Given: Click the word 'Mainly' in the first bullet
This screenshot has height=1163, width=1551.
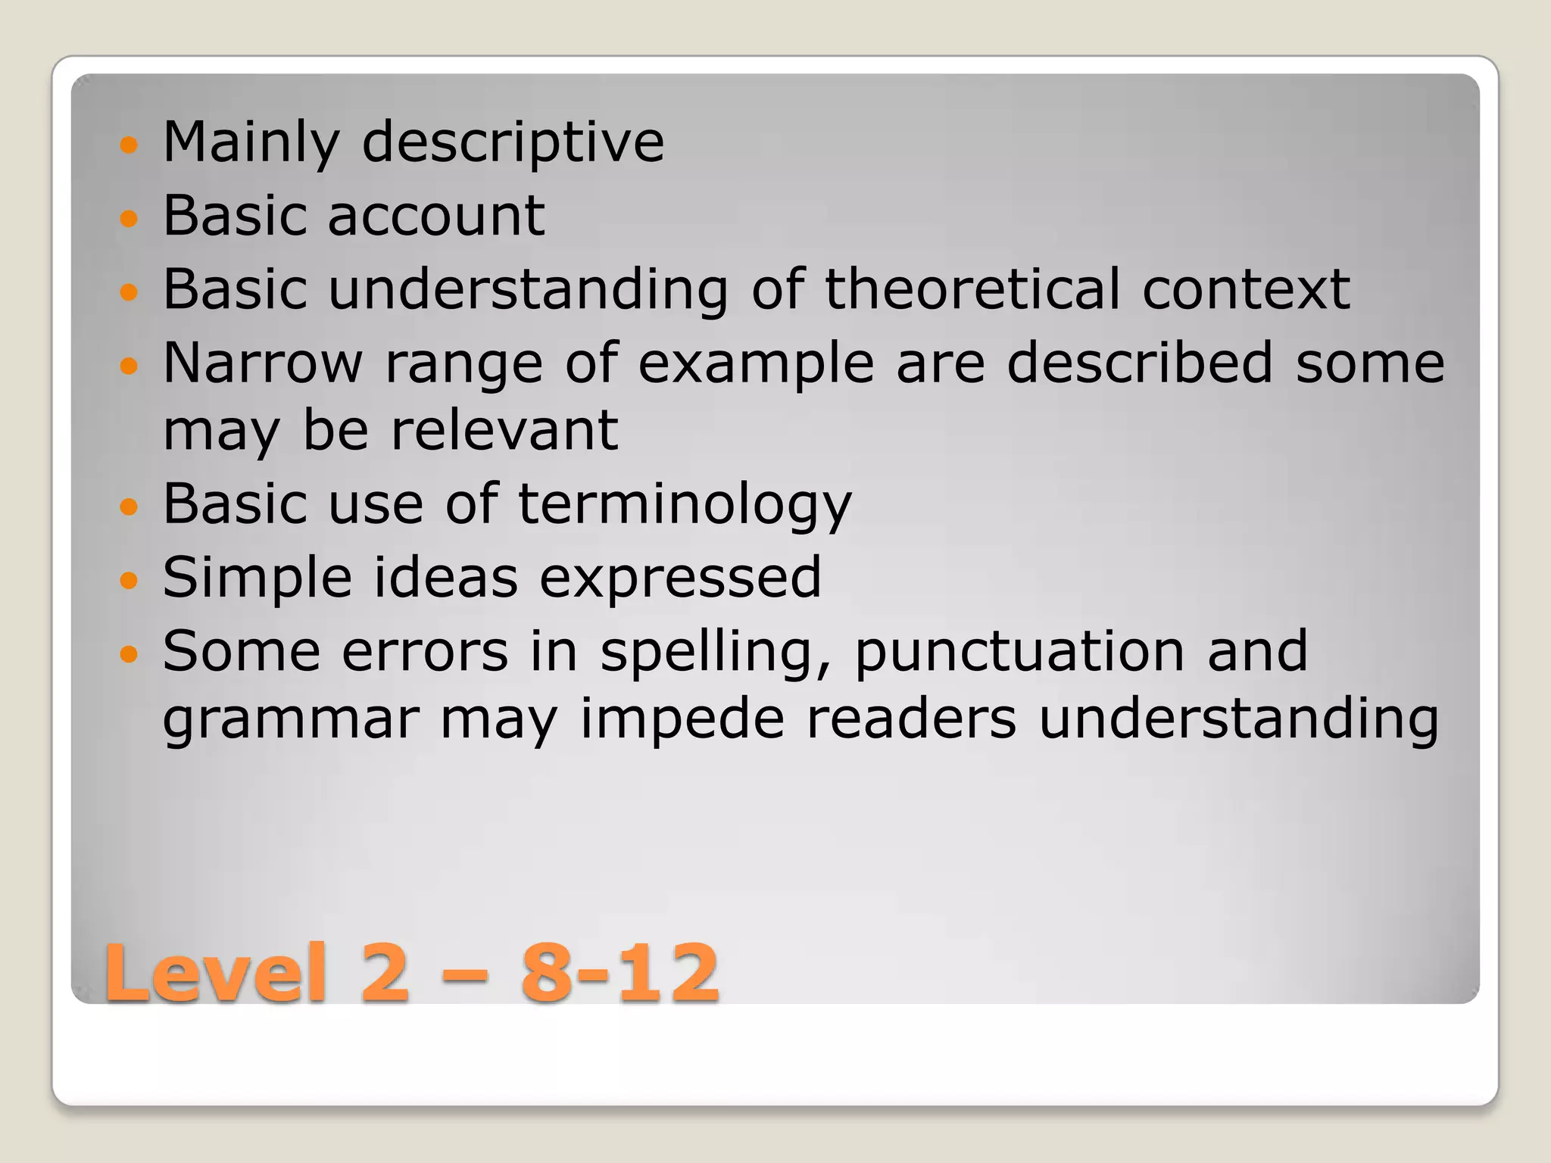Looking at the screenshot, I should [251, 142].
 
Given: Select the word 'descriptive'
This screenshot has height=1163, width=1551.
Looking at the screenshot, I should [513, 142].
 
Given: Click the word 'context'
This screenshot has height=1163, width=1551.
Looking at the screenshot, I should [1246, 289].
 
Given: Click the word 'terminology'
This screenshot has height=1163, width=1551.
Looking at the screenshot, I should [685, 504].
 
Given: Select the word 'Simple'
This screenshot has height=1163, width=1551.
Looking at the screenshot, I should [257, 578].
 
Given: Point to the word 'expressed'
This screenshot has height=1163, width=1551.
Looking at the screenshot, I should [679, 578].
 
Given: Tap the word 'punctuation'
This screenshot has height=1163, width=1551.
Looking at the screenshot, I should [1019, 652].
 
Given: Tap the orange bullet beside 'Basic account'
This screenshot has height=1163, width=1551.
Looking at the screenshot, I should [130, 219].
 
